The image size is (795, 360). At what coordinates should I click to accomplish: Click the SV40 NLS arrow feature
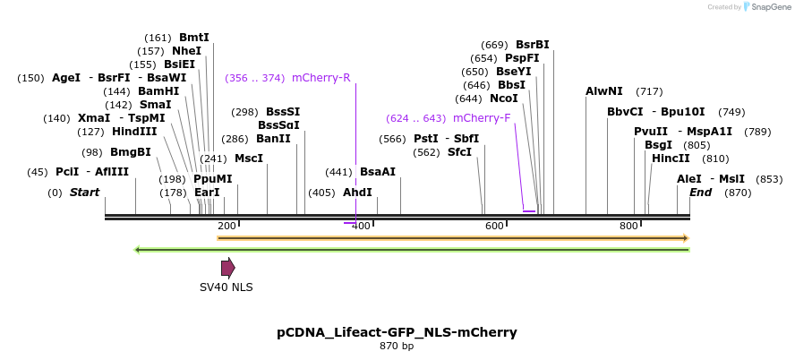tap(227, 267)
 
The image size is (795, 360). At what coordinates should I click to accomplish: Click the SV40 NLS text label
tap(226, 287)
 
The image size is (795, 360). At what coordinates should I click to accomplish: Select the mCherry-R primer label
tap(321, 77)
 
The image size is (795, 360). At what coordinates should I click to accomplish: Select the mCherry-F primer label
tap(482, 118)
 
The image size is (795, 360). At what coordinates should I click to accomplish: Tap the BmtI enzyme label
tap(193, 38)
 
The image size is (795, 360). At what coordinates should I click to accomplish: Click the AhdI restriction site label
tap(357, 193)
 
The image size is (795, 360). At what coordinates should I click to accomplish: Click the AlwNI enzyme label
tap(603, 91)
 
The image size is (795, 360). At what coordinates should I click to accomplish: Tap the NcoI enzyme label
tap(504, 99)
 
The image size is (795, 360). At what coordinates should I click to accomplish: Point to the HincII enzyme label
tap(671, 159)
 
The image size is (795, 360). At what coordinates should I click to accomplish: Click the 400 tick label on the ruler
tap(361, 226)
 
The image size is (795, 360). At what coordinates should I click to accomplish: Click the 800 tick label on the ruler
tap(629, 226)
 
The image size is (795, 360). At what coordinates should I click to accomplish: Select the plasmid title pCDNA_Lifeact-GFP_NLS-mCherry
tap(397, 332)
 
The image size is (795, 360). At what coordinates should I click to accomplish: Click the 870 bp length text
tap(397, 346)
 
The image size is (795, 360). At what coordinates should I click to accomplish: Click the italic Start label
tap(84, 193)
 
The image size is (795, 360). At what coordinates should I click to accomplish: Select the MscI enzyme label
tap(249, 159)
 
